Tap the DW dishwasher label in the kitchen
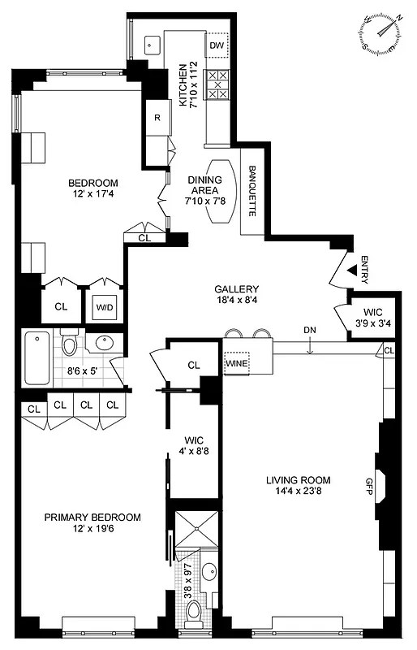pos(216,45)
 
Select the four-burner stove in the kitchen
pos(218,84)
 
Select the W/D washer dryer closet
pos(105,307)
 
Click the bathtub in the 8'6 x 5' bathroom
pos(37,357)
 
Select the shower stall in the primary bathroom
pos(197,532)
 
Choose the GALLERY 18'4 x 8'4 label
pos(237,295)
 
